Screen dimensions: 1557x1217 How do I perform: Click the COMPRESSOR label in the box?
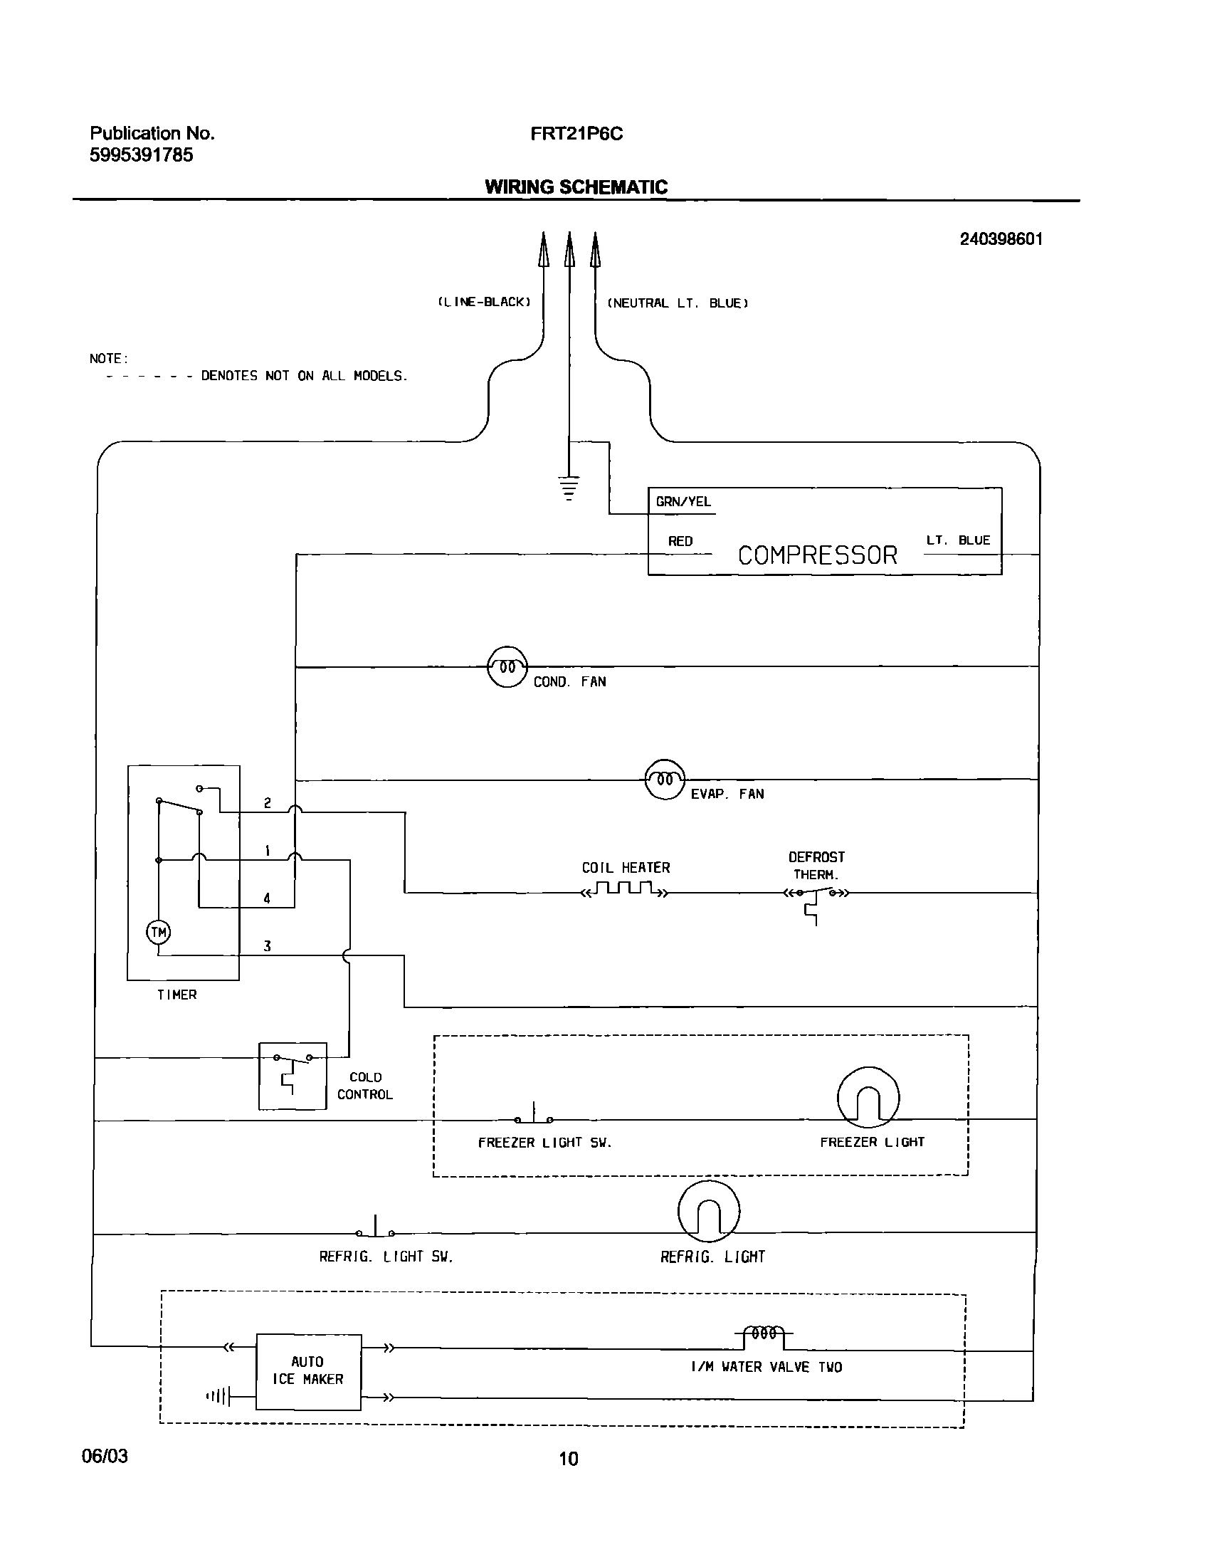tap(817, 555)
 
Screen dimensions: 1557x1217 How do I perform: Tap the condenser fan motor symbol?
tap(507, 667)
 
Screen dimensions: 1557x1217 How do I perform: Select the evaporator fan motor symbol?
tap(664, 780)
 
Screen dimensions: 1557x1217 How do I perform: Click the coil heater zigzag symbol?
tap(626, 889)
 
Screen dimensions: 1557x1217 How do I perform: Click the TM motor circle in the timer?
tap(158, 932)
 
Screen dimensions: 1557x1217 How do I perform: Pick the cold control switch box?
tap(292, 1076)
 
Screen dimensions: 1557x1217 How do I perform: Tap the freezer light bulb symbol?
tap(868, 1098)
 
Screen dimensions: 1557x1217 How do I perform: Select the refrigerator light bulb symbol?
tap(708, 1212)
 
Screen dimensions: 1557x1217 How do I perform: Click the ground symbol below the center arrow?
tap(569, 488)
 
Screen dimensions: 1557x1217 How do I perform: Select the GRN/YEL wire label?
tap(683, 502)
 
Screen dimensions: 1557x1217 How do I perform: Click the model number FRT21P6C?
tap(576, 134)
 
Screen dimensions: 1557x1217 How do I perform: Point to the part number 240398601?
tap(1001, 239)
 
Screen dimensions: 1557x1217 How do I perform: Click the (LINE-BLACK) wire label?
tap(484, 303)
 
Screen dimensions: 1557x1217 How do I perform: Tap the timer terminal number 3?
tap(267, 946)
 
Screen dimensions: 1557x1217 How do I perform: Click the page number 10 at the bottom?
tap(568, 1459)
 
